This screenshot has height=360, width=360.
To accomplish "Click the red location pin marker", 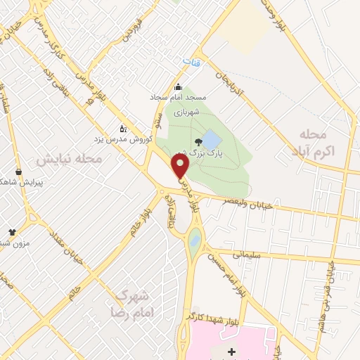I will (x=181, y=166).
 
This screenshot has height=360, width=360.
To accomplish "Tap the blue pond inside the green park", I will (x=210, y=136).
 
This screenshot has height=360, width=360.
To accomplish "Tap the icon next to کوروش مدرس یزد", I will (x=124, y=129).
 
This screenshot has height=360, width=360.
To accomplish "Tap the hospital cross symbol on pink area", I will (x=233, y=349).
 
